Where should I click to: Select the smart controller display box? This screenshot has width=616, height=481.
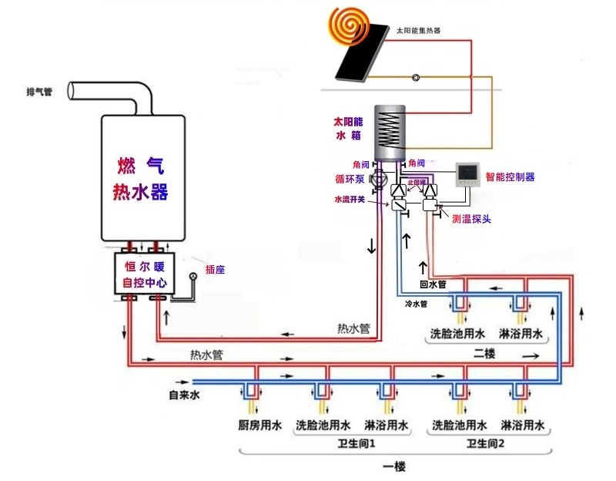pos(469,175)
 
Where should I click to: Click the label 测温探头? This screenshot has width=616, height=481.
pos(471,219)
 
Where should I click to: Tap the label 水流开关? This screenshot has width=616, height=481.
pos(348,199)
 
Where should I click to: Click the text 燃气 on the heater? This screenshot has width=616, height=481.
pos(141,165)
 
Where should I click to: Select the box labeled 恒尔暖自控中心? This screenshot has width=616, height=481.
pos(145,274)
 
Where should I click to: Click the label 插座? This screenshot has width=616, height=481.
pos(215,270)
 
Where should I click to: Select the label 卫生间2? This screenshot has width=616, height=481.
pos(485,445)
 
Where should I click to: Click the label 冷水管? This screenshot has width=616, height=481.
pos(416,304)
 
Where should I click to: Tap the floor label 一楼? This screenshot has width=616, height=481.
pos(393,467)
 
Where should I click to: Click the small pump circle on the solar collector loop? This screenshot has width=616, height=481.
pos(416,78)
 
